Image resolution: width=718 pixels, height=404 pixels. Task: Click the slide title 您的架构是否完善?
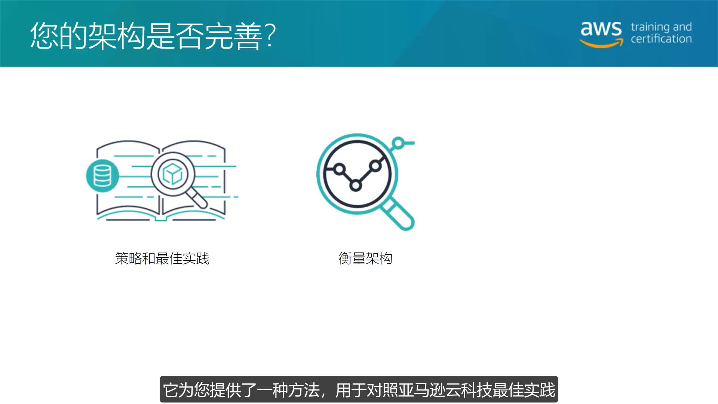coord(153,36)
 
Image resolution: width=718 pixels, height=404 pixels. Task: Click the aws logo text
coord(601,28)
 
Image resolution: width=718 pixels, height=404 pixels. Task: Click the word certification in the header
coord(661,39)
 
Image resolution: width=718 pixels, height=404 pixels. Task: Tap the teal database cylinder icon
coord(102,175)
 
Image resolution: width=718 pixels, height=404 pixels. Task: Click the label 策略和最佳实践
coord(162,258)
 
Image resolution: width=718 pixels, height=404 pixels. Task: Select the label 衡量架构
coord(365,258)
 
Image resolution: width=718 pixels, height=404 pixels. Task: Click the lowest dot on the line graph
coord(356,185)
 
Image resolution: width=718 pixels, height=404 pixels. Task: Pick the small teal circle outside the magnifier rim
coord(399,143)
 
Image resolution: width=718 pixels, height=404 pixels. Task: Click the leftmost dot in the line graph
coord(339,169)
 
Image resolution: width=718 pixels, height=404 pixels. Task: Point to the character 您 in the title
coord(44,36)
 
